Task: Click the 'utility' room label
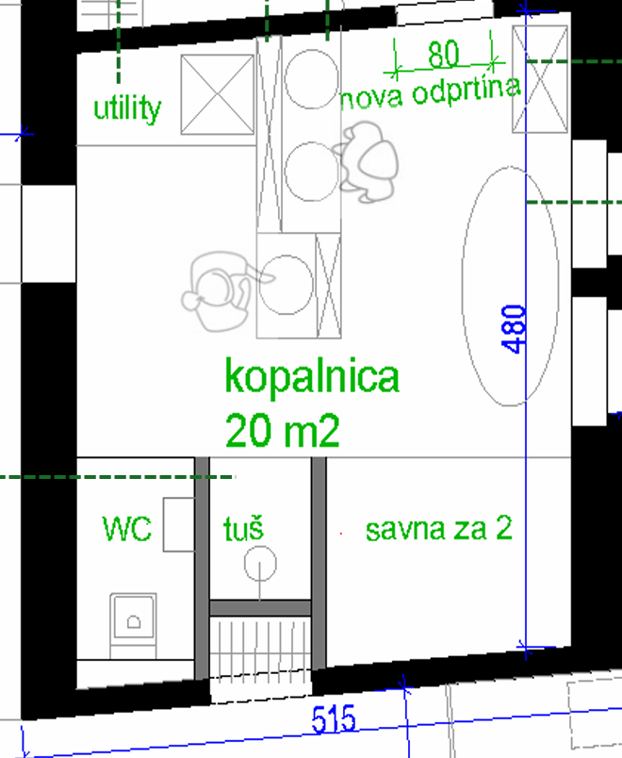tap(127, 108)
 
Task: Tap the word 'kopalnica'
tap(312, 377)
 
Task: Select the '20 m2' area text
tap(282, 430)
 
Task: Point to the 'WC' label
tap(127, 528)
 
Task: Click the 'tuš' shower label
tap(243, 528)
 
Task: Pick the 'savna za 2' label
tap(439, 528)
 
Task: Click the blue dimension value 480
tap(514, 329)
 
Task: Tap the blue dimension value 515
tap(334, 719)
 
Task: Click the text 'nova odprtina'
tap(430, 92)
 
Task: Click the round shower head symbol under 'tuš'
tap(260, 564)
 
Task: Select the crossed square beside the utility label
tap(218, 94)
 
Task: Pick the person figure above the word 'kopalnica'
tap(222, 291)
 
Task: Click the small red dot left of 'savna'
tap(341, 534)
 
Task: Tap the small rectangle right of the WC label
tap(179, 524)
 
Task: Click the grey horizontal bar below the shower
tap(260, 608)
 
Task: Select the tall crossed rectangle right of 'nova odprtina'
tap(540, 79)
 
